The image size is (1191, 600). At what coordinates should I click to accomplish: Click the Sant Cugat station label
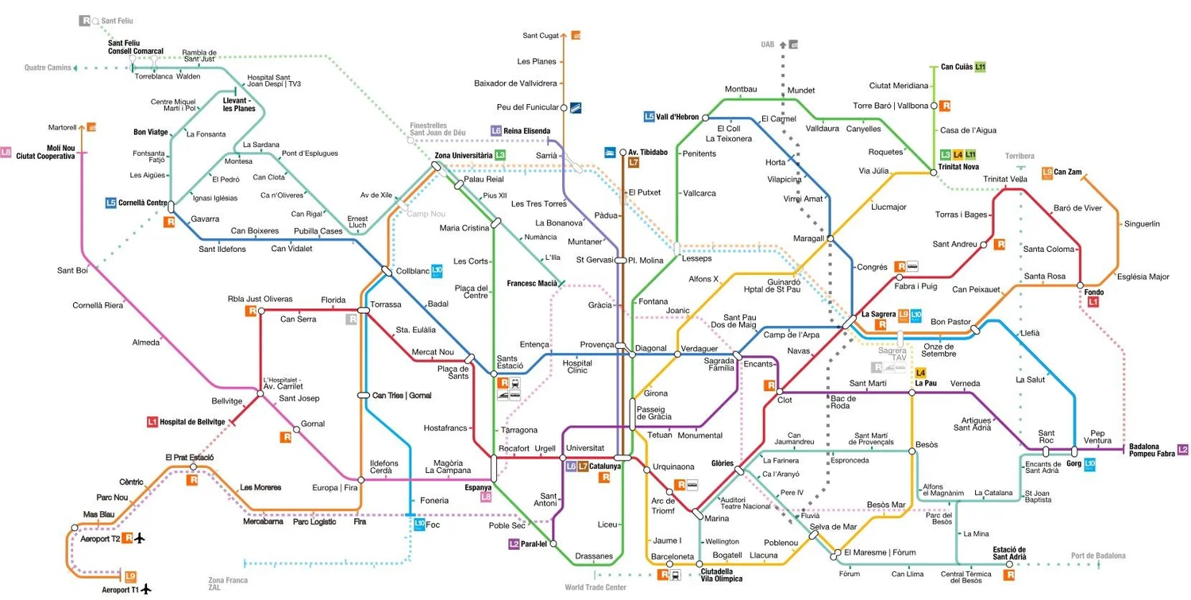click(541, 35)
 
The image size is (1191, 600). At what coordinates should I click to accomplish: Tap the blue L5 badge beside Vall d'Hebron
click(649, 117)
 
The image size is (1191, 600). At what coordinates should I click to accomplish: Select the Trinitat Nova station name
click(959, 167)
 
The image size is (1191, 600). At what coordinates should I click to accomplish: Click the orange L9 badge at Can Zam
click(1047, 172)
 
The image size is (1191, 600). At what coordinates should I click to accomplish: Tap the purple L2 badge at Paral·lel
click(514, 544)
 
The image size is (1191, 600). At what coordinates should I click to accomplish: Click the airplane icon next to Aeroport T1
click(146, 589)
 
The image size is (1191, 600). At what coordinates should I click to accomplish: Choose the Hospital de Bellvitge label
click(192, 421)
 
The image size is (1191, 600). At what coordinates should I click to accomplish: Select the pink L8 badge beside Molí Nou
click(6, 152)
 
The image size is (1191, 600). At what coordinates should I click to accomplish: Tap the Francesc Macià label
click(531, 283)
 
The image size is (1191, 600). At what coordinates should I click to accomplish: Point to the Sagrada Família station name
click(719, 364)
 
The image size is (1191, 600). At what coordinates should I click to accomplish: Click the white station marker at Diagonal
click(632, 354)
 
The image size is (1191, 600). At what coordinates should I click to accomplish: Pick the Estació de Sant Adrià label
click(1009, 553)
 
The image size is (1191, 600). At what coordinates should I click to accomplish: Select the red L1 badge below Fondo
click(1093, 302)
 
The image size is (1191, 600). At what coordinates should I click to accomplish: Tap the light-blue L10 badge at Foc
click(419, 524)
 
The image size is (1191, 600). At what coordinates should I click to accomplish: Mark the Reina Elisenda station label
click(527, 130)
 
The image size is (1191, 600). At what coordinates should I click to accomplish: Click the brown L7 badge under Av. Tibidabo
click(633, 162)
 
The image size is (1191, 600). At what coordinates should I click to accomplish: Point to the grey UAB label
click(767, 45)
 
